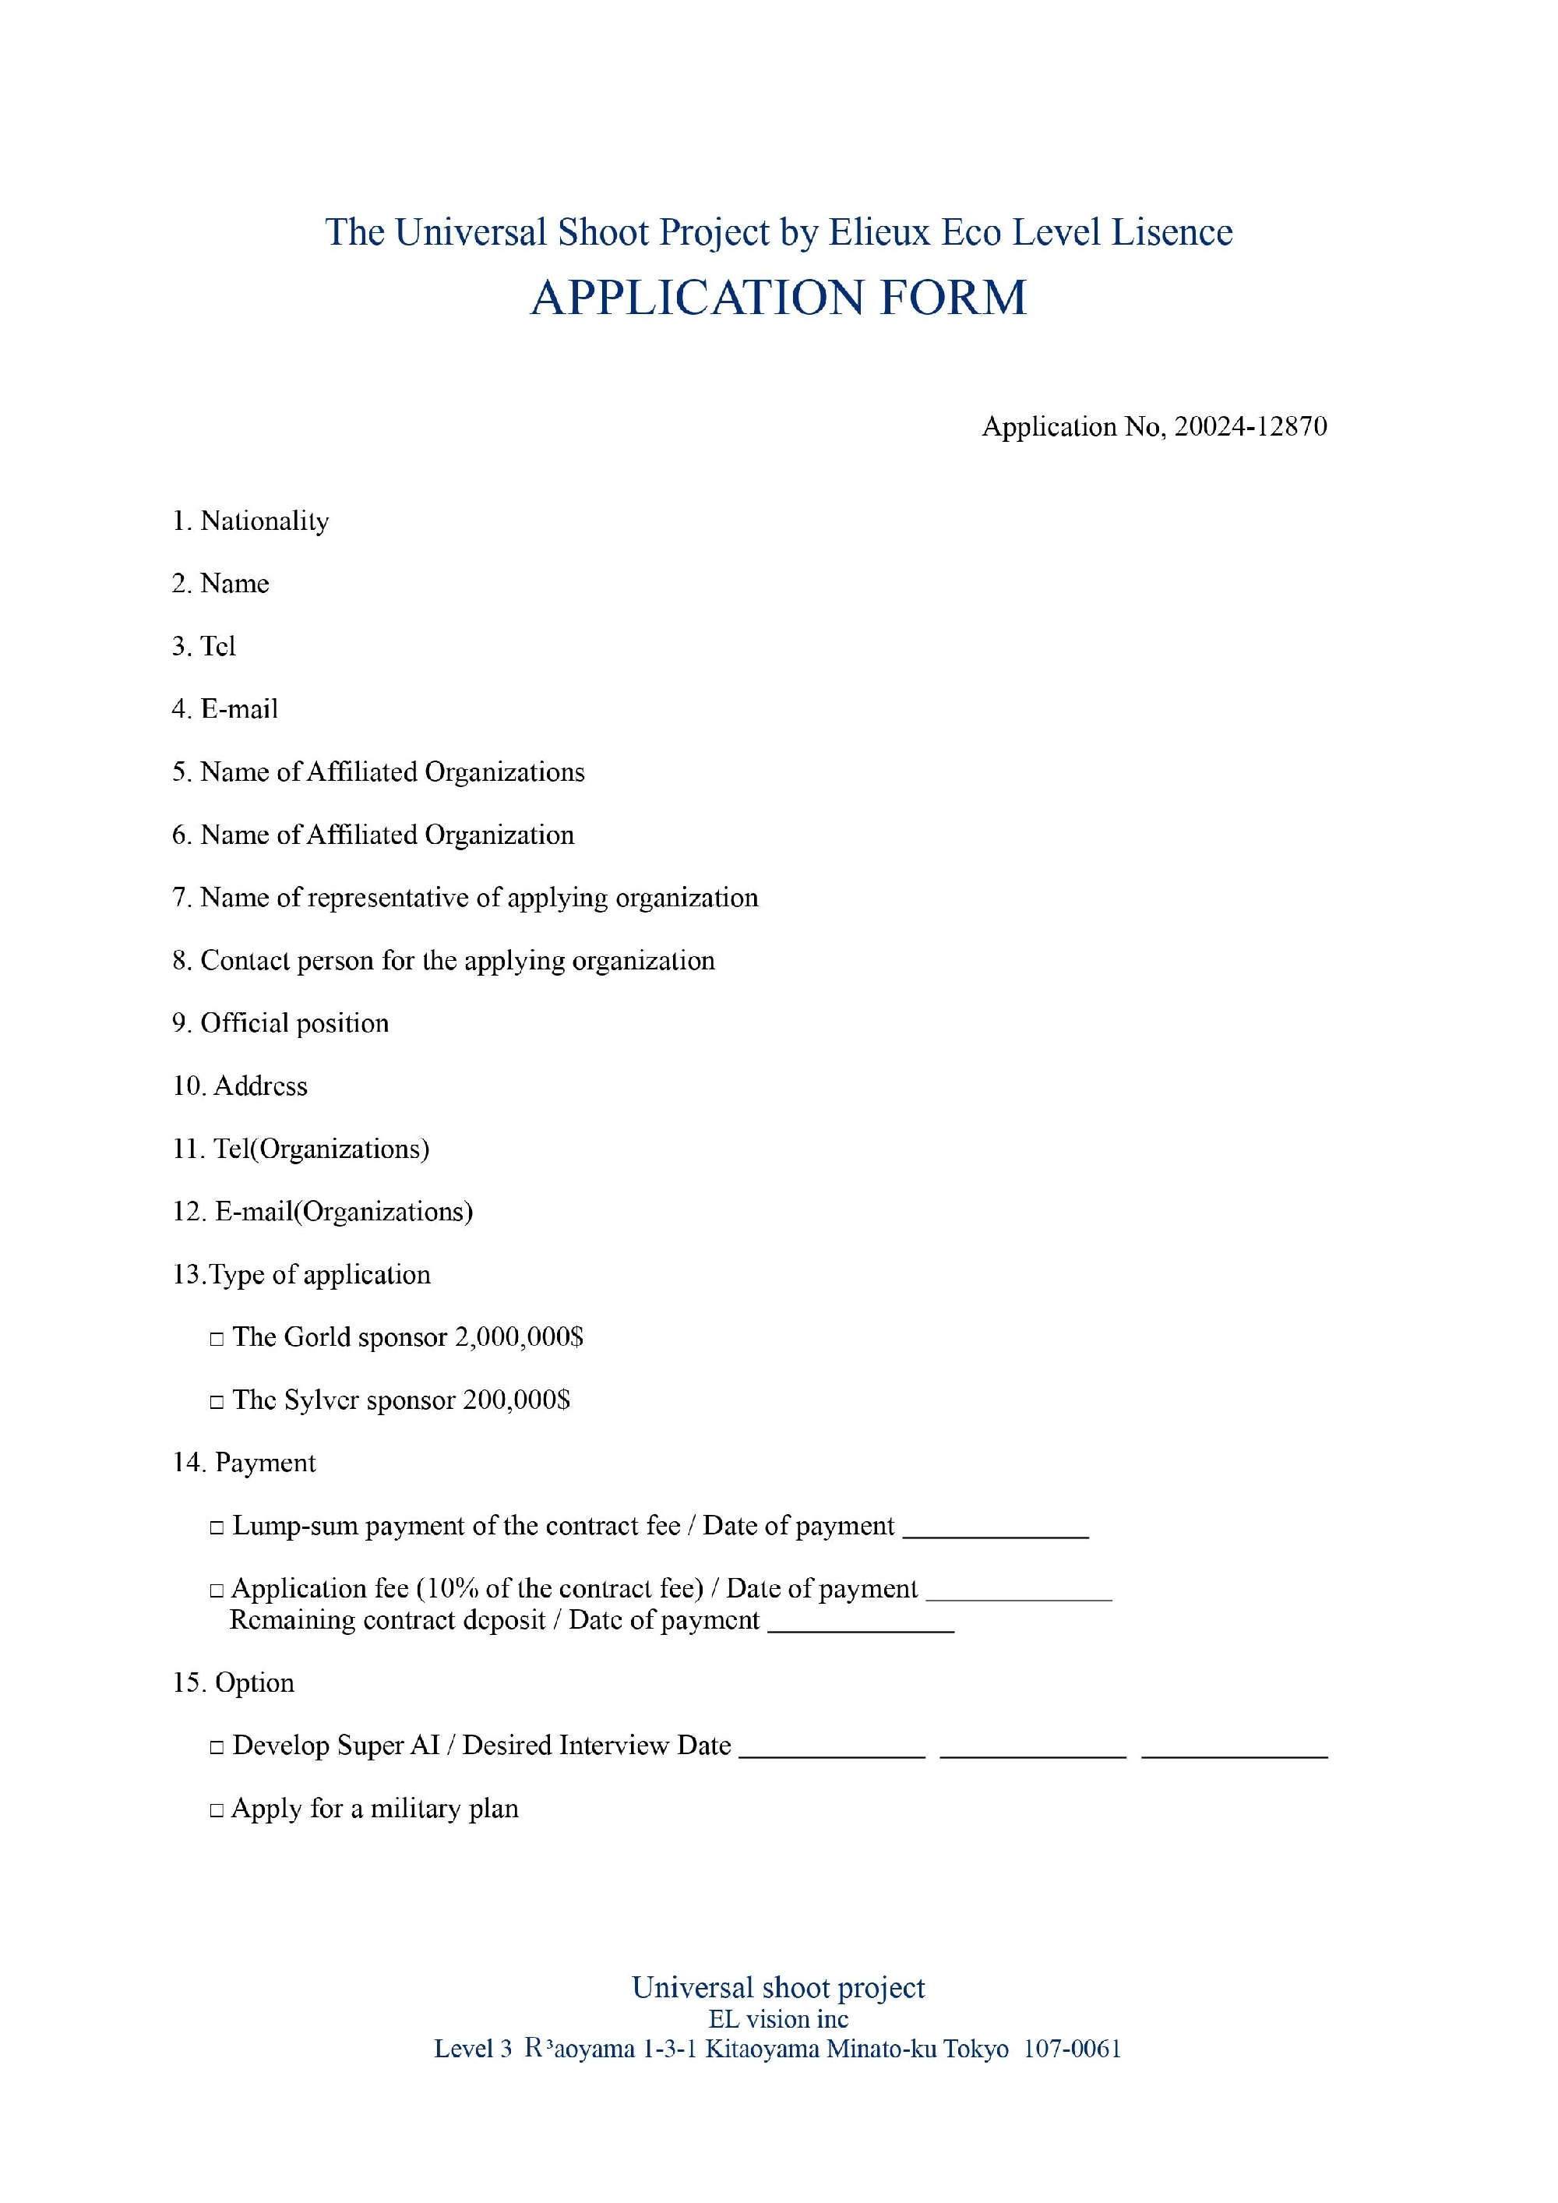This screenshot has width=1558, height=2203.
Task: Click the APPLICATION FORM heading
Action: click(778, 298)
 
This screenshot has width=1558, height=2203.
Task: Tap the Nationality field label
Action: click(264, 521)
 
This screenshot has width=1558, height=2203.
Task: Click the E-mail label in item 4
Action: click(239, 709)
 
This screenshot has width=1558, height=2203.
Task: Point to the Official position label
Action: click(294, 1023)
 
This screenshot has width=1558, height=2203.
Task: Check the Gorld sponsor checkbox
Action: click(217, 1339)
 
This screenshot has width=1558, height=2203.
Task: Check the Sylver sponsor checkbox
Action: click(217, 1402)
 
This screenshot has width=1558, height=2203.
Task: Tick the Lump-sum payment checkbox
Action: click(217, 1527)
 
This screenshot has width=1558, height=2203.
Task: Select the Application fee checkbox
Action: click(217, 1590)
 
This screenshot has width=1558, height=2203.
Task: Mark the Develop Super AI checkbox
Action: click(217, 1747)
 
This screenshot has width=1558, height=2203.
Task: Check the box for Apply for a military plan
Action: click(217, 1810)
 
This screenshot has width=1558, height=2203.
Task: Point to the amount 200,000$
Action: click(516, 1400)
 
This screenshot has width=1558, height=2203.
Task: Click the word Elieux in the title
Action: click(879, 232)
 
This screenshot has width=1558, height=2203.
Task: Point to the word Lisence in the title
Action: click(1172, 232)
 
